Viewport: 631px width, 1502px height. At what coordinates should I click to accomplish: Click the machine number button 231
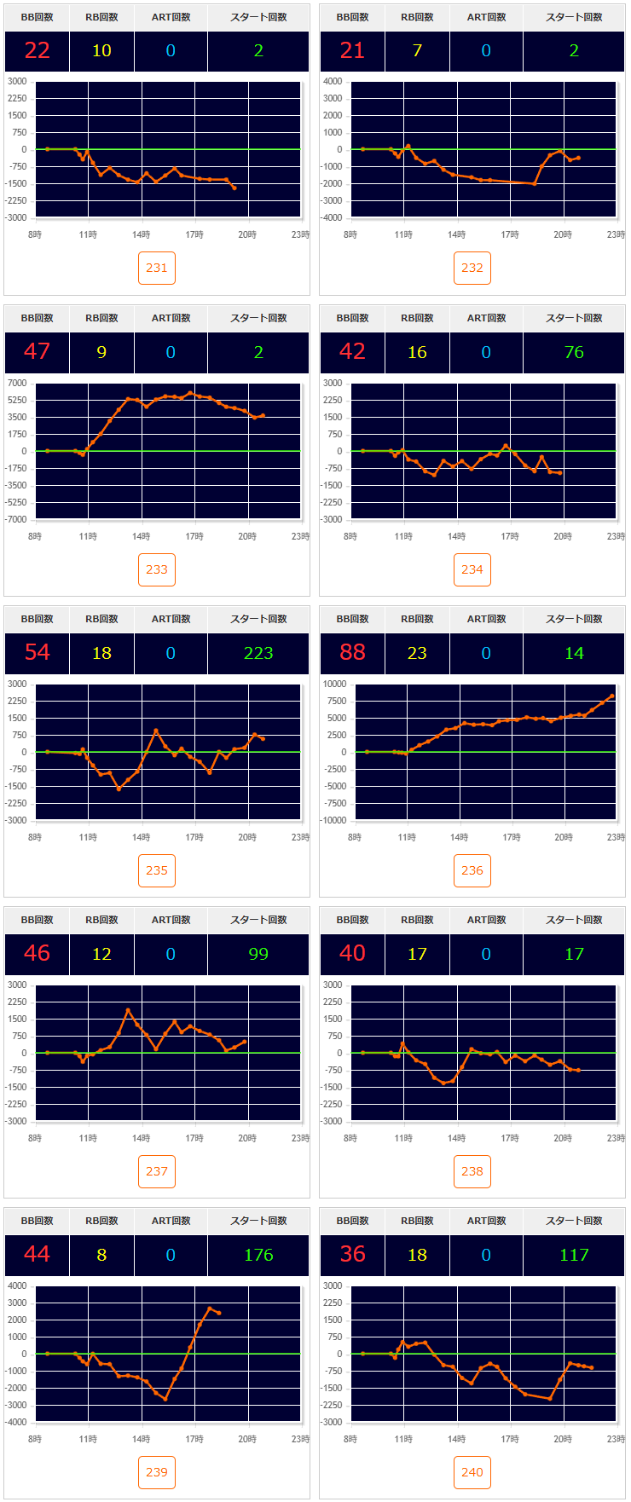coord(157,268)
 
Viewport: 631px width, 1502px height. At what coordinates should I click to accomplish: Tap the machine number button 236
coord(472,870)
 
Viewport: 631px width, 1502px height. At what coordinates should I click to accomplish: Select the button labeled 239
coord(157,1472)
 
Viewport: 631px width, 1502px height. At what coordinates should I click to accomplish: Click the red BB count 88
coord(352,653)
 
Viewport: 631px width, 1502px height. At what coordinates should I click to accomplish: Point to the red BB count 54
coord(37,653)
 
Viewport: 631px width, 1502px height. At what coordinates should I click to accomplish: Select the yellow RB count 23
coord(417,653)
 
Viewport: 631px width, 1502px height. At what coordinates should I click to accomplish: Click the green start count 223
coord(258,653)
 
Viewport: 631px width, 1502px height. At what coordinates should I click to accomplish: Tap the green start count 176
coord(258,1255)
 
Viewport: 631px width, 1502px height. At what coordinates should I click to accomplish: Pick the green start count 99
coord(258,954)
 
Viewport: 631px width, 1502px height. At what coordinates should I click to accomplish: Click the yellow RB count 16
coord(417,352)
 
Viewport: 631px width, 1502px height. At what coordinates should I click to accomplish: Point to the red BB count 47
coord(37,352)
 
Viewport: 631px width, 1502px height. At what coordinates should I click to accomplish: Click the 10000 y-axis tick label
coord(334,684)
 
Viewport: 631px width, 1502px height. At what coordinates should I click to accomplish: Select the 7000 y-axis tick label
coord(17,383)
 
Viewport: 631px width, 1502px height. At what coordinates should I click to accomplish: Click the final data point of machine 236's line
coord(611,696)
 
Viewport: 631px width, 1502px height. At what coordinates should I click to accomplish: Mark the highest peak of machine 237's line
coord(128,1011)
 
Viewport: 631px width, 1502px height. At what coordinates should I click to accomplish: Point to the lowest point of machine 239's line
coord(165,1399)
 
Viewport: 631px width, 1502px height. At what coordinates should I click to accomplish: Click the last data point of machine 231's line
coord(234,188)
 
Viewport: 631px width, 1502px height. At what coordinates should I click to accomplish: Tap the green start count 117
coord(574,1255)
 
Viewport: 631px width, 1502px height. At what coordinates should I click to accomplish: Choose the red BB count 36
coord(352,1255)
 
